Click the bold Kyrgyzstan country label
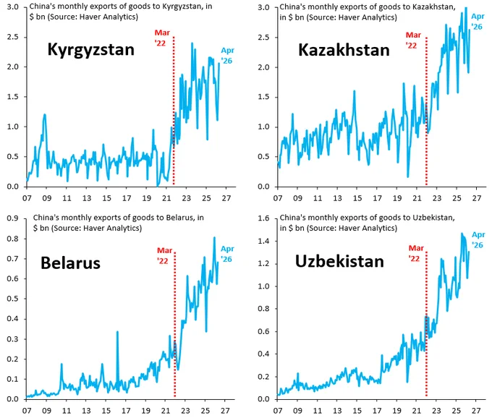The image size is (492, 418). tap(91, 50)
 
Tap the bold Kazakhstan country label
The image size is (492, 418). tap(344, 50)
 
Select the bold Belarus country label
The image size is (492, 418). tap(70, 263)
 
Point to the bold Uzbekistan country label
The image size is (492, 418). tap(339, 261)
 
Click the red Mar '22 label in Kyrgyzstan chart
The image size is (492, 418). tap(162, 38)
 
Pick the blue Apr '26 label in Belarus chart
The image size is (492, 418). tap(227, 254)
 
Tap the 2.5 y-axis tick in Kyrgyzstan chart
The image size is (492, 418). tap(12, 37)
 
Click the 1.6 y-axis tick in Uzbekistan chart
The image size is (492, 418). tap(263, 218)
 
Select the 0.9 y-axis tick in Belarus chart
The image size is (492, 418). tap(12, 218)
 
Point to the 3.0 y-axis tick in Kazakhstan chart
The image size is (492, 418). tap(263, 7)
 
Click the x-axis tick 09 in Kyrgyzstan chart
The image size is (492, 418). tap(47, 198)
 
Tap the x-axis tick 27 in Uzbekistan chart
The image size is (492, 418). tap(476, 411)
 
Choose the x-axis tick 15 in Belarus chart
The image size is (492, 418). tap(106, 411)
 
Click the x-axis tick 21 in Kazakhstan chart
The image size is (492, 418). tap(417, 198)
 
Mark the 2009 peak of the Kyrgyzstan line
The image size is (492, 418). tap(45, 114)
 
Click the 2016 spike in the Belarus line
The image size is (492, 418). tap(117, 331)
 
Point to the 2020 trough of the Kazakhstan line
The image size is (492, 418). tap(408, 177)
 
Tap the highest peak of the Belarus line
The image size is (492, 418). tap(215, 237)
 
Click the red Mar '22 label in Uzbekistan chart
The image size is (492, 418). tap(416, 253)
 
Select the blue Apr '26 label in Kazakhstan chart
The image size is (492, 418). tap(478, 22)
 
